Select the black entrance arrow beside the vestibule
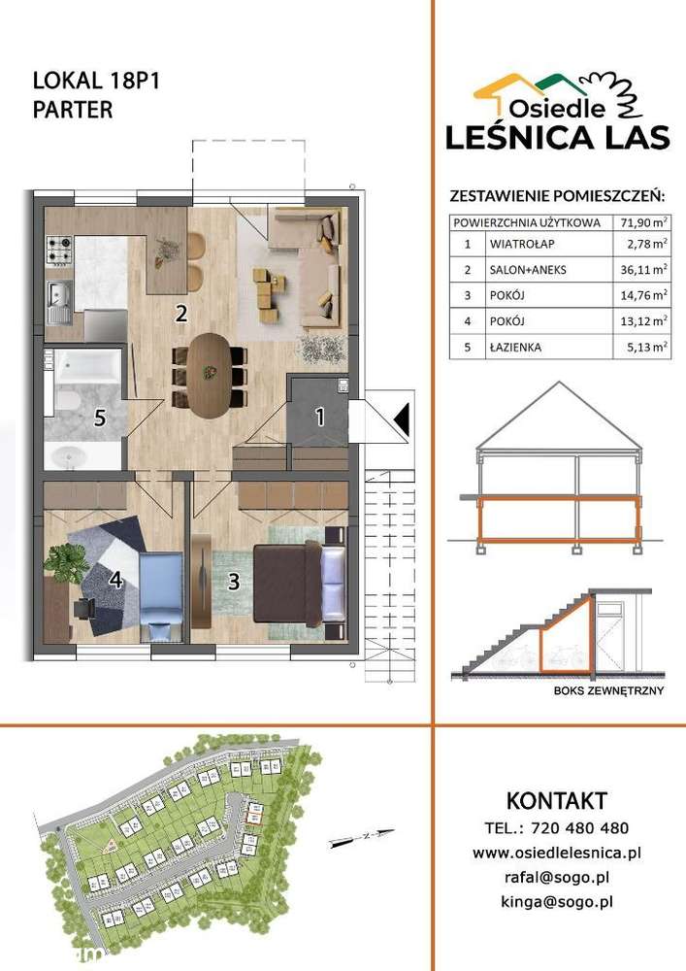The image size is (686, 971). [x=402, y=419]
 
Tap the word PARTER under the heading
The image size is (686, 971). [x=73, y=109]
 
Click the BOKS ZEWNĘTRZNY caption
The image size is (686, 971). [x=595, y=689]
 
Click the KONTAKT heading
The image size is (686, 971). [x=556, y=801]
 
